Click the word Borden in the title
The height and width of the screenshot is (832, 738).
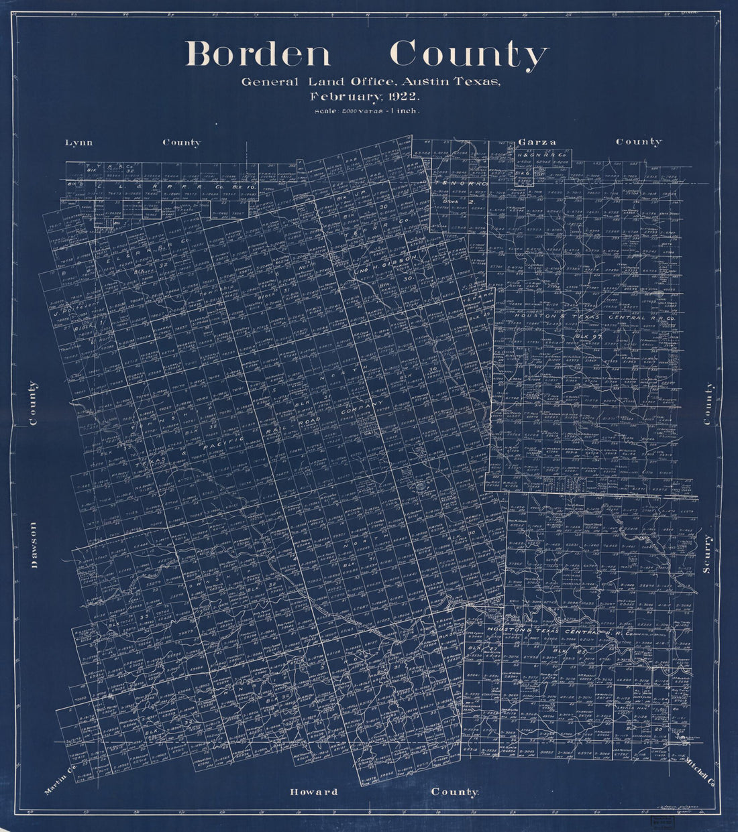258,54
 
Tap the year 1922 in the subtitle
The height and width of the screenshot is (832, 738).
401,96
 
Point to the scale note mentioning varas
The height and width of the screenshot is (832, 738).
366,111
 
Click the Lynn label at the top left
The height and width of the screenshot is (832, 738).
79,142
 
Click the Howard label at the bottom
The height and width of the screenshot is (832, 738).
313,792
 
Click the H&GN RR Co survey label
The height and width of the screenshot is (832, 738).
542,154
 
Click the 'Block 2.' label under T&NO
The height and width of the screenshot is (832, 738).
458,200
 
